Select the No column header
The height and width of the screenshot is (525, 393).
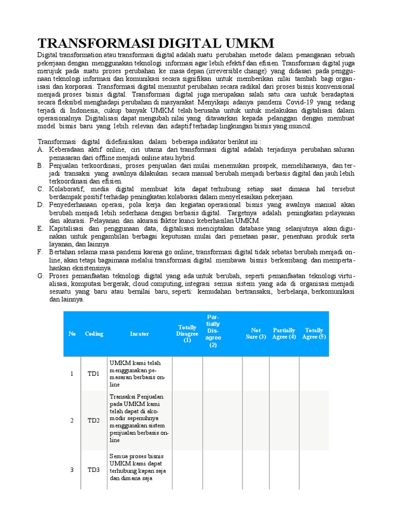(72, 334)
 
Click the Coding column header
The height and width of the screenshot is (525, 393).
(94, 334)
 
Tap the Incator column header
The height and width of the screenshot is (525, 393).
(139, 334)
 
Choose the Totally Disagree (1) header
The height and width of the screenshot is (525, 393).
(187, 334)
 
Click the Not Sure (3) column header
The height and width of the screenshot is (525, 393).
(256, 334)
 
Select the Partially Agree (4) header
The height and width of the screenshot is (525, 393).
(284, 334)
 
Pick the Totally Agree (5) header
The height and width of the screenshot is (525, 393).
(314, 334)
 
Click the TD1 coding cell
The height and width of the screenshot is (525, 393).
(93, 374)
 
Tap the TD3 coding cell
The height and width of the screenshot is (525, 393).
(93, 470)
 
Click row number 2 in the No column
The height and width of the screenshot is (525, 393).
(72, 420)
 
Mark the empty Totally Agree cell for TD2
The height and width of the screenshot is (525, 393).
(314, 420)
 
